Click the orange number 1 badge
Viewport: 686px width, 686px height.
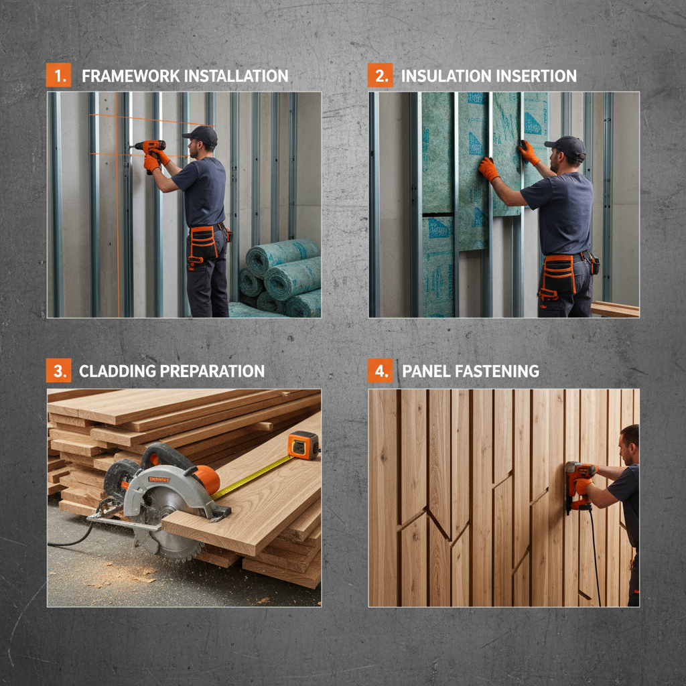coord(58,75)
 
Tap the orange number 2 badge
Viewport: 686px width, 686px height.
coord(380,75)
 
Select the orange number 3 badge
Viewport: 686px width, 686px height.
coord(58,370)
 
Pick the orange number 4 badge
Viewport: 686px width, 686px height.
coord(380,370)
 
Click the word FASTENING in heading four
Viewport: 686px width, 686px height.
coord(502,371)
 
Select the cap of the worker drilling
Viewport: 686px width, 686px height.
coord(200,134)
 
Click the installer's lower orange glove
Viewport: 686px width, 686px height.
coord(488,169)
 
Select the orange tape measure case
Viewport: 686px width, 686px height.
coord(303,445)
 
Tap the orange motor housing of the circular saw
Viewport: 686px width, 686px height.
coord(205,479)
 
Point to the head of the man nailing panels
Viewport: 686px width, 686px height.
coord(628,445)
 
